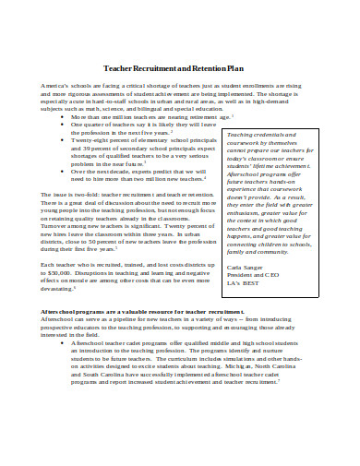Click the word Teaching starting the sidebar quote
coord(239,134)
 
